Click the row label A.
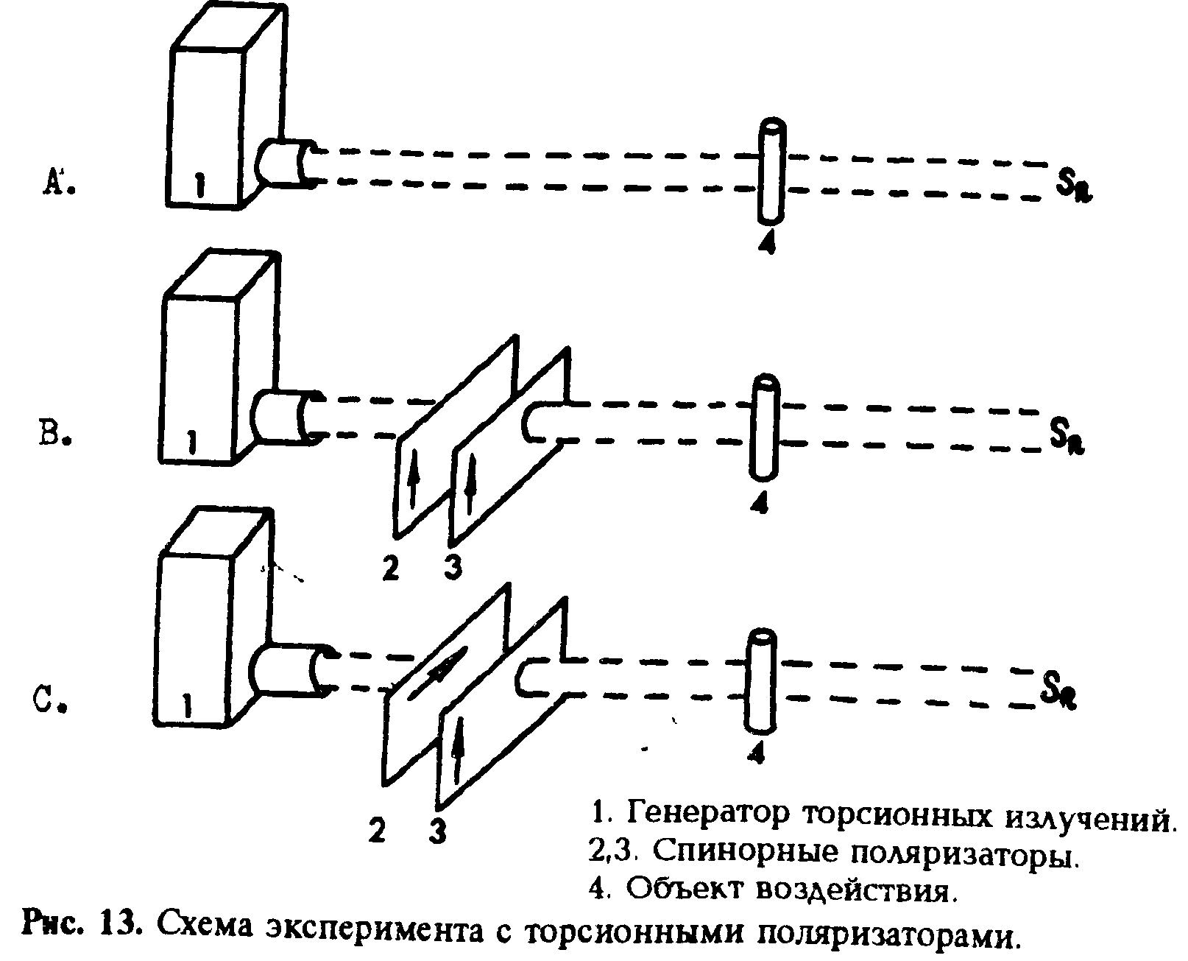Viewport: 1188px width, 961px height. (57, 180)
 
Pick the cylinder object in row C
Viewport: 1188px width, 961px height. (762, 681)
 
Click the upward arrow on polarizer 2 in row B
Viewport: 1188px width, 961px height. (414, 476)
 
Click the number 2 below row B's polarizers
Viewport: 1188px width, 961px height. (391, 567)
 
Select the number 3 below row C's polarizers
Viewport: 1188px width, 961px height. (439, 831)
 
